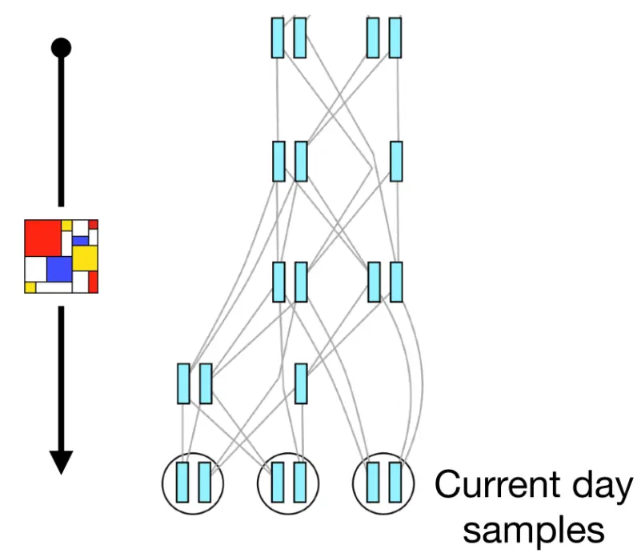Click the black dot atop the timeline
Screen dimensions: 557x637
click(61, 47)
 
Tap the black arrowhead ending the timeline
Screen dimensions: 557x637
click(61, 462)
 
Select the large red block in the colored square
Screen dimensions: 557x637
click(43, 237)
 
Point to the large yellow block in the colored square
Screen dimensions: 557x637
click(85, 256)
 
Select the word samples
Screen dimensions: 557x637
click(534, 528)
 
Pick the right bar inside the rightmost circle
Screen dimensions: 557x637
click(395, 482)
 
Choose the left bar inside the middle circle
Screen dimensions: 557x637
click(278, 482)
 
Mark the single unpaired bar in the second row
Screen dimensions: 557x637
click(396, 161)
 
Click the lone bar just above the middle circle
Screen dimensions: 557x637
click(301, 383)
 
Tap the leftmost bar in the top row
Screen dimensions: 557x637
click(278, 38)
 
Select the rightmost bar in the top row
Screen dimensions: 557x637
click(395, 38)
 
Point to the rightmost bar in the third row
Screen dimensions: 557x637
click(396, 282)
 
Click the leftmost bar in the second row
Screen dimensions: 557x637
click(278, 161)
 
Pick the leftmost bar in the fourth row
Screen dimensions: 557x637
click(183, 383)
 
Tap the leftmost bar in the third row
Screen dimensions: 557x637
click(278, 282)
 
